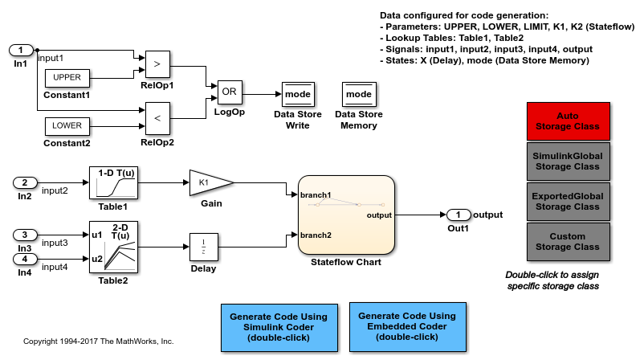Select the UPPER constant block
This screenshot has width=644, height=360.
[x=67, y=77]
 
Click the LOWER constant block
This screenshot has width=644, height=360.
[x=67, y=125]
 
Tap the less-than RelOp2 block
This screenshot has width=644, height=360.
[x=157, y=118]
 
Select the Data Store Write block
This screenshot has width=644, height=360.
[x=297, y=96]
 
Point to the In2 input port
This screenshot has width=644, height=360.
[x=25, y=182]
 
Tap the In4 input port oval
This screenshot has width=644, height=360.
[x=25, y=259]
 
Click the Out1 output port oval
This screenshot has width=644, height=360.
[x=458, y=215]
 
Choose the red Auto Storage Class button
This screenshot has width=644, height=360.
[x=568, y=121]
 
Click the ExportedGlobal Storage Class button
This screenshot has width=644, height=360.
[x=568, y=201]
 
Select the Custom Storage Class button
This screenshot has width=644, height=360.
[x=568, y=241]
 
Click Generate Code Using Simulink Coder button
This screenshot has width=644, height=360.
[x=278, y=327]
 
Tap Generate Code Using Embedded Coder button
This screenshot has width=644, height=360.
[x=408, y=327]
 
